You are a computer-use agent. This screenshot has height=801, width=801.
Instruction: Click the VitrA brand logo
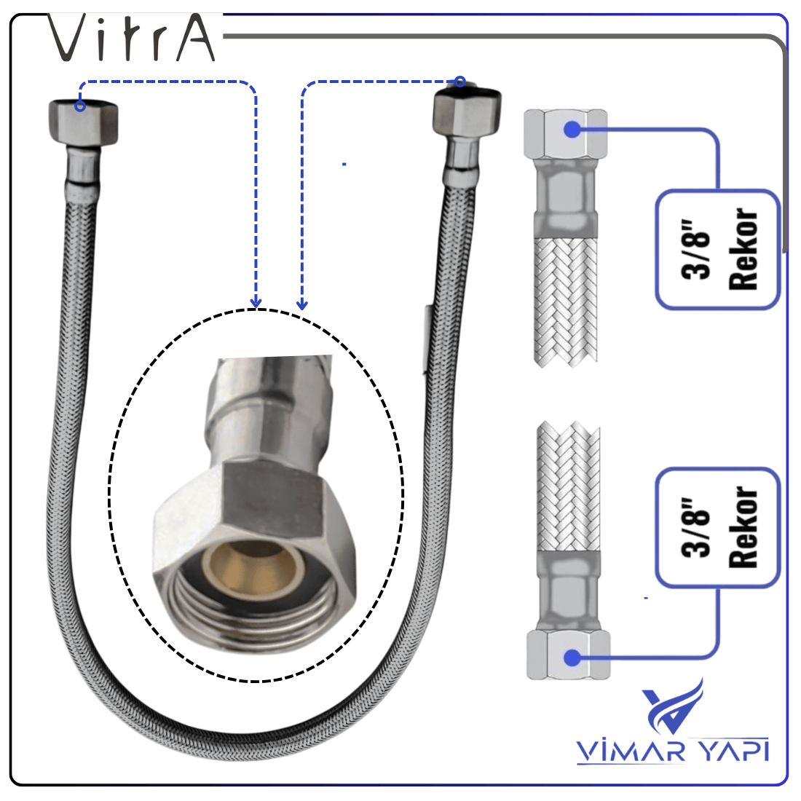pos(132,38)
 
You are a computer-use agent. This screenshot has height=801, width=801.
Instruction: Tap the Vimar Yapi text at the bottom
pos(673,751)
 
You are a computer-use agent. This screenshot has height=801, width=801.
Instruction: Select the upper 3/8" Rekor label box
pos(718,249)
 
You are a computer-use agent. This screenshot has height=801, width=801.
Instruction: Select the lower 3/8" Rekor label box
pos(718,528)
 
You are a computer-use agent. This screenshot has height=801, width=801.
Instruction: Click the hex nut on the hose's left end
pos(83,124)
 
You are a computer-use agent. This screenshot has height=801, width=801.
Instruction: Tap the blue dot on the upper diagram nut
pos(572,129)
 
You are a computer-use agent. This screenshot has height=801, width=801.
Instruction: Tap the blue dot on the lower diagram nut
pos(572,658)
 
